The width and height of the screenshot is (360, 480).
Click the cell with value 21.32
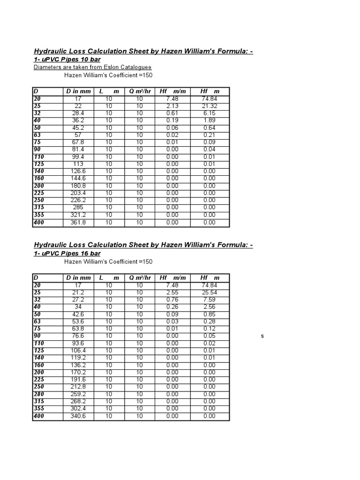pos(210,106)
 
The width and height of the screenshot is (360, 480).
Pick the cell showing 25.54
pos(210,292)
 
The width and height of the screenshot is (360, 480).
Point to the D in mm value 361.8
pos(78,223)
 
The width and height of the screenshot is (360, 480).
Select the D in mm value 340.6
pos(78,416)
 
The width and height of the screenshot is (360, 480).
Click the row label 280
pos(38,394)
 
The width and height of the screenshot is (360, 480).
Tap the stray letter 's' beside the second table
pos(262,336)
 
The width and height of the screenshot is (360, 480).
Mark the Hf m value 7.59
pos(210,300)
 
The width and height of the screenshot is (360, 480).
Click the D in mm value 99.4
pos(78,157)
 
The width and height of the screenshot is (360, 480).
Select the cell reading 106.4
pos(78,351)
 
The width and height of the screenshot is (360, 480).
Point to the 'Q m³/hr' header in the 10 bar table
pos(140,91)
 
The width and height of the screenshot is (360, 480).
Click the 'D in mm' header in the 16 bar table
pos(78,277)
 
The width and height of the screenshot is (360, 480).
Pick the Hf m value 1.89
pos(210,120)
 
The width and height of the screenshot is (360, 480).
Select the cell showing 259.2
pos(78,394)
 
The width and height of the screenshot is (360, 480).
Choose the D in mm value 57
pos(78,135)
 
